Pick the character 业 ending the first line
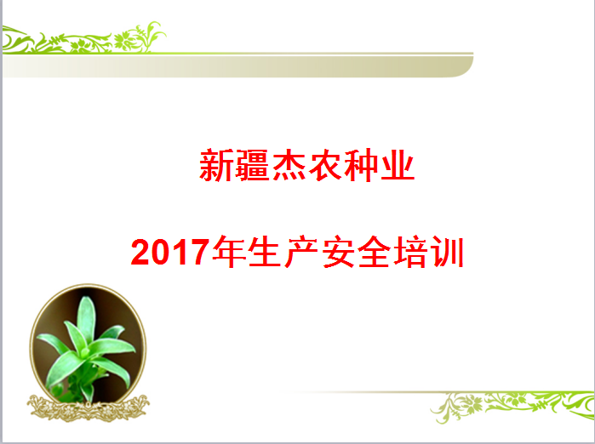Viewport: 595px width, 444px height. pos(398,165)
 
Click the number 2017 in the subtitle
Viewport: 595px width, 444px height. pos(170,252)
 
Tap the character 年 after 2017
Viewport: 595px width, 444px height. pos(229,252)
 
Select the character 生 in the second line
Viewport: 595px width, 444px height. pos(266,252)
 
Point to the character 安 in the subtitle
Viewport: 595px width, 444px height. pos(337,252)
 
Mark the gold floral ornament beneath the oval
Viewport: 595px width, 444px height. pos(88,408)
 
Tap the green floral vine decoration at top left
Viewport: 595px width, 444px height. pos(84,38)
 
